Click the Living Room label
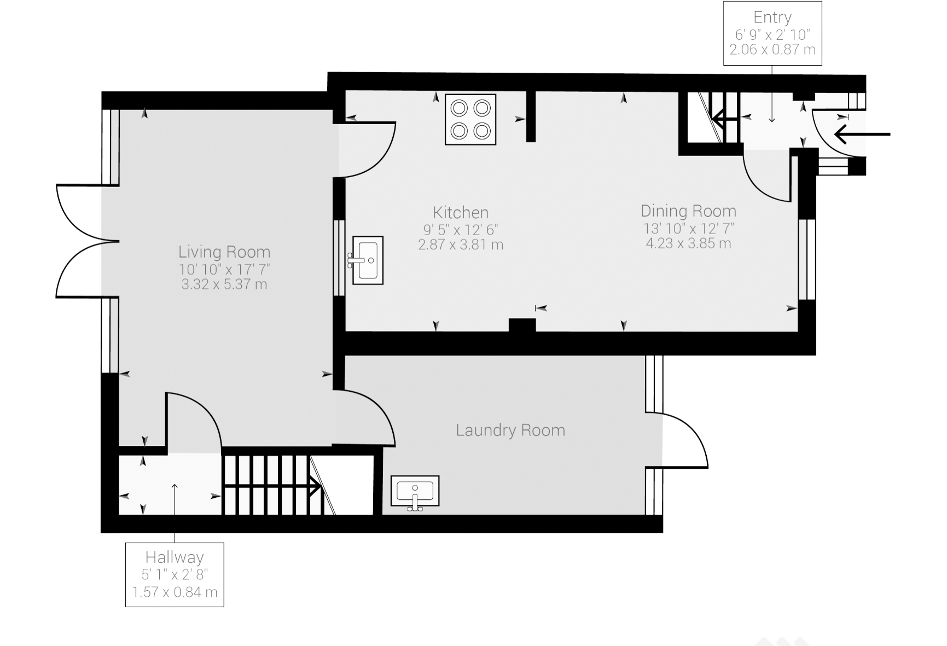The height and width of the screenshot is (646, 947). point(224,252)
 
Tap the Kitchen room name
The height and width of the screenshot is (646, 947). point(461,212)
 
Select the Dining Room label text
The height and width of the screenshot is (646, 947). point(688,211)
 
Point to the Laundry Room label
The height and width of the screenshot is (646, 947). point(510,430)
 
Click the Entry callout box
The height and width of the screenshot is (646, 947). point(772,33)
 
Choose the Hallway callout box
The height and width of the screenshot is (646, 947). point(175,574)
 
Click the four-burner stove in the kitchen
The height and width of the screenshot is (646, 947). point(470,119)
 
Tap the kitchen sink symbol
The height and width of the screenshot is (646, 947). point(367,260)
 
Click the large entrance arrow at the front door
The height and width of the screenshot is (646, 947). point(862,134)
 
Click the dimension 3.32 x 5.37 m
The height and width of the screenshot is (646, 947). point(224,284)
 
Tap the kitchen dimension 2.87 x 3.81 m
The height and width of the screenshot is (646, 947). point(461,244)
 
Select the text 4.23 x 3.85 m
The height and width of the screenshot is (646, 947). point(688,243)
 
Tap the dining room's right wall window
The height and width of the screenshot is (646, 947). point(807,260)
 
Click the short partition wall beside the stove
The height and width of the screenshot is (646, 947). point(531,116)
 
